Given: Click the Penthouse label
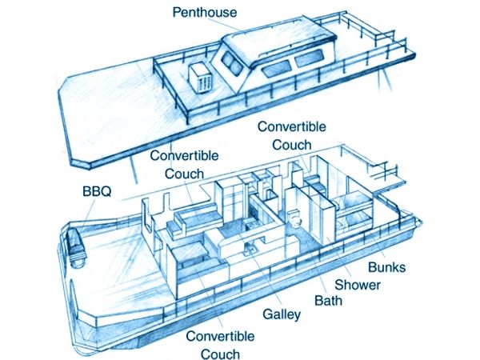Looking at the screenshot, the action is [x=205, y=12].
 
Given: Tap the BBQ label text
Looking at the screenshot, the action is [x=97, y=192].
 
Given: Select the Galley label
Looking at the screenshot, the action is [x=282, y=314].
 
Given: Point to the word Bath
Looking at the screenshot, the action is [x=328, y=300].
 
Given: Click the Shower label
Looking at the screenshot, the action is [x=358, y=285].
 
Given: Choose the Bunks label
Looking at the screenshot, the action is [x=386, y=267].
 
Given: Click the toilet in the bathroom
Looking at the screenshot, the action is [x=295, y=218].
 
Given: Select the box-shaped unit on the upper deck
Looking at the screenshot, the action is [x=201, y=78].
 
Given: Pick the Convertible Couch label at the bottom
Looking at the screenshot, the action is [x=220, y=345].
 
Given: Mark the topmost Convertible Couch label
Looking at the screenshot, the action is [x=292, y=136].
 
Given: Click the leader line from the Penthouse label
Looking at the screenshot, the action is [x=224, y=24].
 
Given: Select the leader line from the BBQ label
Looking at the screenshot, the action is [x=88, y=214].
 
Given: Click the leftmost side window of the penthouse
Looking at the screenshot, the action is [x=275, y=69].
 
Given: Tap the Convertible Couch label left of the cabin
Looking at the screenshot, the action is [x=184, y=165].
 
